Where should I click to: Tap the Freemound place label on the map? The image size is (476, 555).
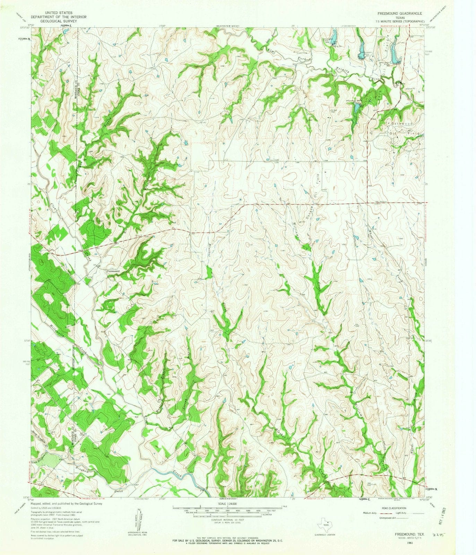click(x=113, y=271)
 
